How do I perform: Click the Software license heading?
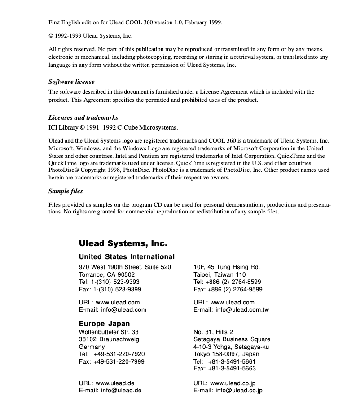coord(71,82)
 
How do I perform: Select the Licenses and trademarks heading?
coord(83,117)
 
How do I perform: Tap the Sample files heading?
coord(66,191)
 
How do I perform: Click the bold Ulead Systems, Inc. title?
coord(123,244)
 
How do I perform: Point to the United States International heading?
coord(127,257)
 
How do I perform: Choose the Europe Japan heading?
coord(104,323)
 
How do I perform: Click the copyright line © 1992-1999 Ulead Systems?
coord(90,36)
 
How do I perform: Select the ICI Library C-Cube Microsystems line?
coord(113,127)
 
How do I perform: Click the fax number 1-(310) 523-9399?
coord(117,290)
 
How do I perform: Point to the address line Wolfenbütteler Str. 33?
coord(109,332)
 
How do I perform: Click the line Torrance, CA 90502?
coord(107,274)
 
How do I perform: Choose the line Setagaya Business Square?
coord(232,339)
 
